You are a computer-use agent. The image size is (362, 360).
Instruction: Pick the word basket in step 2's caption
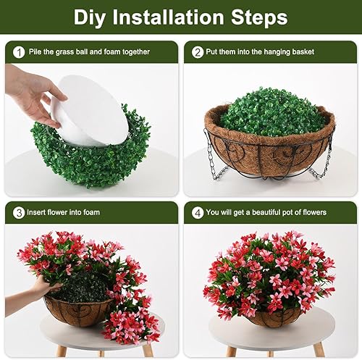coord(319,52)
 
